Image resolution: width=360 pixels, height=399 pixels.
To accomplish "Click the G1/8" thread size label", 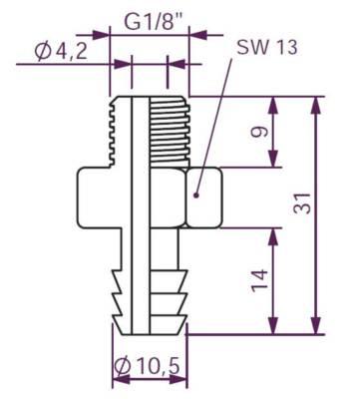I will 149,19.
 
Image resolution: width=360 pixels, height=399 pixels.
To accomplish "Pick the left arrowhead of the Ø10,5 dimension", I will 113,378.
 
